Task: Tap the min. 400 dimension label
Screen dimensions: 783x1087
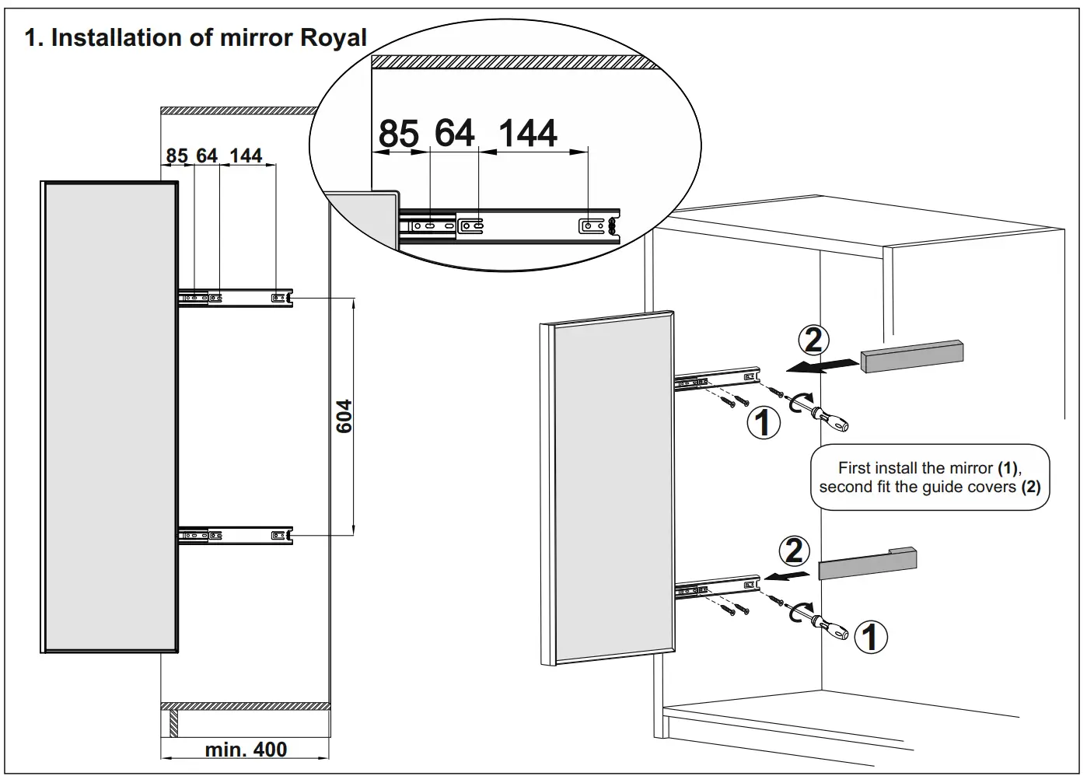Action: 246,750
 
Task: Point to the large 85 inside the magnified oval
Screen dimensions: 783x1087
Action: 398,134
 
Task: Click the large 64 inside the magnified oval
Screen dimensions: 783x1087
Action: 455,133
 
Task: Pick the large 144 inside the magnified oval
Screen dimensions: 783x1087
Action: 527,134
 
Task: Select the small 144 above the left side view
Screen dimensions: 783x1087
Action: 246,156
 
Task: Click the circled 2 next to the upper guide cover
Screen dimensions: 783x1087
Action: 813,341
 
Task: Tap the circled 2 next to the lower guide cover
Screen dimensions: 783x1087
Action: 794,551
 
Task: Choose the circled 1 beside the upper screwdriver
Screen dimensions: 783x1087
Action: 763,422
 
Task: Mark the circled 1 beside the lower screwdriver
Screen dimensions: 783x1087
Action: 870,637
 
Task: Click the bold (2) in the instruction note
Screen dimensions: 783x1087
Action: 1030,488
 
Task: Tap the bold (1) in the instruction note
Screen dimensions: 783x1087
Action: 1008,468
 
